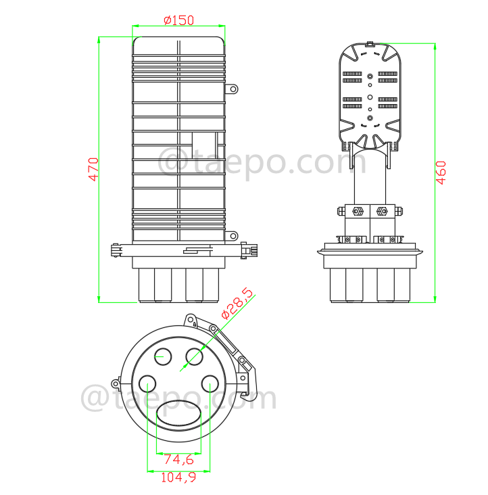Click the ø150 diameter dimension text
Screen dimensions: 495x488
point(178,20)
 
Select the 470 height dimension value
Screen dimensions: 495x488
point(93,169)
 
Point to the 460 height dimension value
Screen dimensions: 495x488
point(441,173)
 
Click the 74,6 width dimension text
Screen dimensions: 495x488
point(178,460)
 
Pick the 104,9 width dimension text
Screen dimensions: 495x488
point(178,478)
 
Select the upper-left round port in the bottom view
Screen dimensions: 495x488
point(163,355)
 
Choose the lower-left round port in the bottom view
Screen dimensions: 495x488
point(147,385)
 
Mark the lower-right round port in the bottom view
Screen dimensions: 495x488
point(210,385)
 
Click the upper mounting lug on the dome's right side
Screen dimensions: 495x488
point(232,89)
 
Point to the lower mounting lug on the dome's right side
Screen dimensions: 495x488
point(232,236)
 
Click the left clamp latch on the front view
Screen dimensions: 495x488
point(115,250)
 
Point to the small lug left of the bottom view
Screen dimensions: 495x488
point(116,384)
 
